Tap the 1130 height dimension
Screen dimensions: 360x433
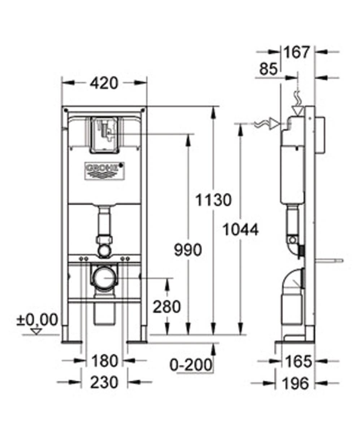pyautogui.click(x=213, y=200)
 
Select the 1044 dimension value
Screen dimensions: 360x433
pyautogui.click(x=240, y=229)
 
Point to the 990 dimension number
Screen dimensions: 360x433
pyautogui.click(x=188, y=250)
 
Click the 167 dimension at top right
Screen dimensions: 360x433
pyautogui.click(x=296, y=52)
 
